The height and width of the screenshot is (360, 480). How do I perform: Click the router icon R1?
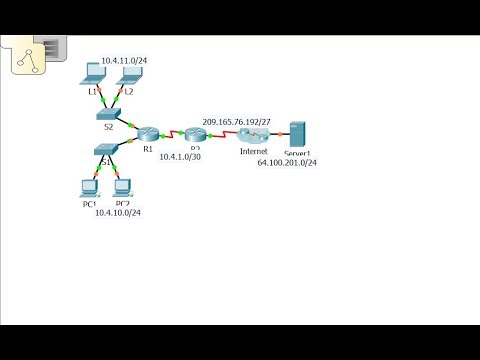point(148,134)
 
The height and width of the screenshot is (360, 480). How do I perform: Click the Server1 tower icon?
point(295,136)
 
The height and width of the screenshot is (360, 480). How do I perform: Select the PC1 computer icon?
point(89,187)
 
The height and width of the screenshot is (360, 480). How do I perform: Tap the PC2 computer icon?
point(123,187)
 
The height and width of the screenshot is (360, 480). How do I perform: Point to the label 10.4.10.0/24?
point(117,213)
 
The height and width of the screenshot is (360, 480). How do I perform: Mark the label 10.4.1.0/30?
point(180,157)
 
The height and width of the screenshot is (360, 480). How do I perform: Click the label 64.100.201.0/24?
point(287,163)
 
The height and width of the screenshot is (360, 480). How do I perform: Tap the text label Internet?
point(253,151)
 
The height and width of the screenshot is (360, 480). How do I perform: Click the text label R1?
point(147,149)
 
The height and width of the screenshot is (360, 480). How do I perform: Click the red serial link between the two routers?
point(172,133)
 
